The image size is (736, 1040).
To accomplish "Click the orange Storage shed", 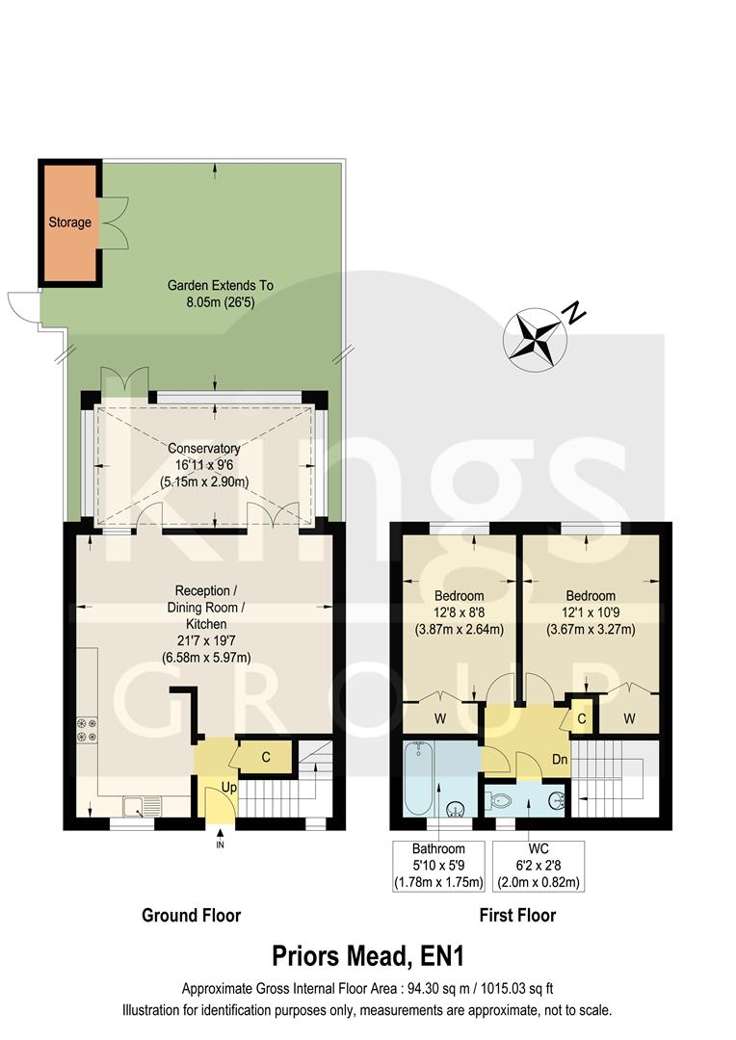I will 70,222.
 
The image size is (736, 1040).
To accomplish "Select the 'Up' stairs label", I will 228,788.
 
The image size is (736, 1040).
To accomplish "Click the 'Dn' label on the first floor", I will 558,759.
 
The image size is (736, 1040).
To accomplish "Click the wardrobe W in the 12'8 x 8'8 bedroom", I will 439,717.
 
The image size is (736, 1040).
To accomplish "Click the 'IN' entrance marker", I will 220,845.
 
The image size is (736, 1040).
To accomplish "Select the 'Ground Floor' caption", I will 191,915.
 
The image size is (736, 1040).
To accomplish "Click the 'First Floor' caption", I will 517,915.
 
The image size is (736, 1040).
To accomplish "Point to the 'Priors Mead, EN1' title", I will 367,957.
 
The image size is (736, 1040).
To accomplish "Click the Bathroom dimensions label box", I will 438,866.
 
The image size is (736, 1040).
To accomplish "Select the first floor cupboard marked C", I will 583,717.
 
